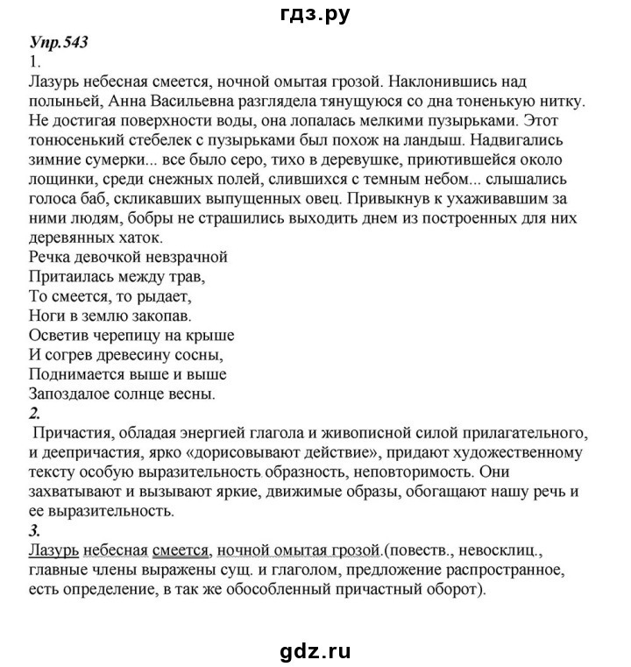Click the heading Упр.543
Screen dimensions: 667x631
click(60, 43)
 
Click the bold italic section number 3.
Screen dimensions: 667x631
click(34, 529)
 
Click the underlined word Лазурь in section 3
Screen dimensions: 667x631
click(50, 550)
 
